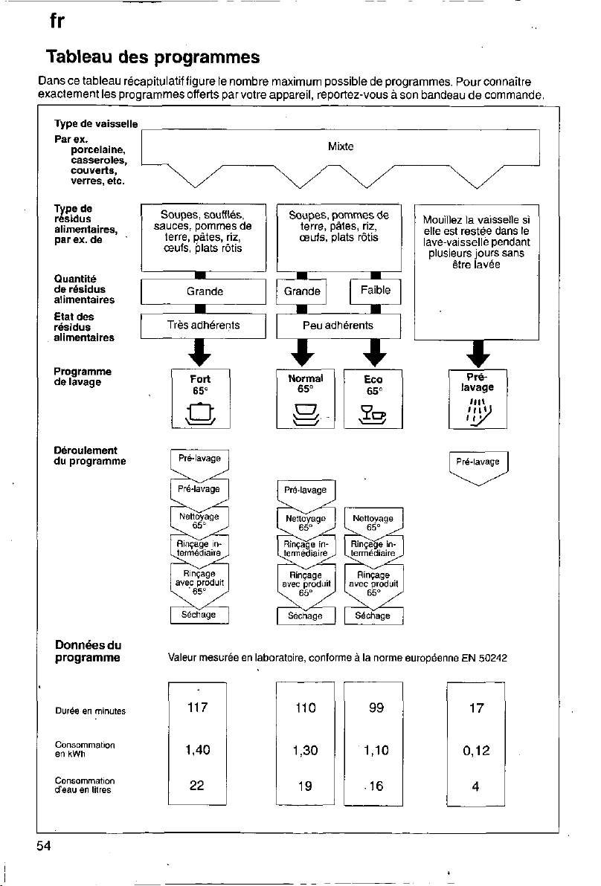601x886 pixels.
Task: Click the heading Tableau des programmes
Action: (x=152, y=57)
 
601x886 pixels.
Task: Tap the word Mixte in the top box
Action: (x=341, y=146)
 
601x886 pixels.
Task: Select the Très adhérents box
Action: (x=204, y=326)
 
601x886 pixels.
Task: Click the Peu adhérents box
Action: (x=338, y=326)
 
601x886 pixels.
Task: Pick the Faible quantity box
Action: (x=376, y=291)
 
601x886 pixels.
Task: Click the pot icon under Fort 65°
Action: (x=201, y=414)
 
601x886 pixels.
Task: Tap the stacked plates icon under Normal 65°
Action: (x=305, y=414)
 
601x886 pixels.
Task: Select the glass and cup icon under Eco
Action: (x=373, y=415)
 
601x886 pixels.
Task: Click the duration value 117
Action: (x=197, y=708)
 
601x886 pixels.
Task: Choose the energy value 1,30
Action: (x=305, y=751)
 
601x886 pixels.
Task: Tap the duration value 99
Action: (x=376, y=708)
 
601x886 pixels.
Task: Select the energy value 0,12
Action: (x=476, y=751)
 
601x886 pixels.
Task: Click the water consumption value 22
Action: (x=197, y=786)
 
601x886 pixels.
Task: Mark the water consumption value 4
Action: (x=475, y=786)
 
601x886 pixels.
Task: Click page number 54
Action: (x=44, y=845)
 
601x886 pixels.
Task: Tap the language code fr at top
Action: (x=57, y=21)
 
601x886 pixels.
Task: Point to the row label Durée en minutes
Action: (x=91, y=711)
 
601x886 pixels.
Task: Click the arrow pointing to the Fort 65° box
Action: (x=199, y=352)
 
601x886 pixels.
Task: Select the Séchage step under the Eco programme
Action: (x=373, y=616)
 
